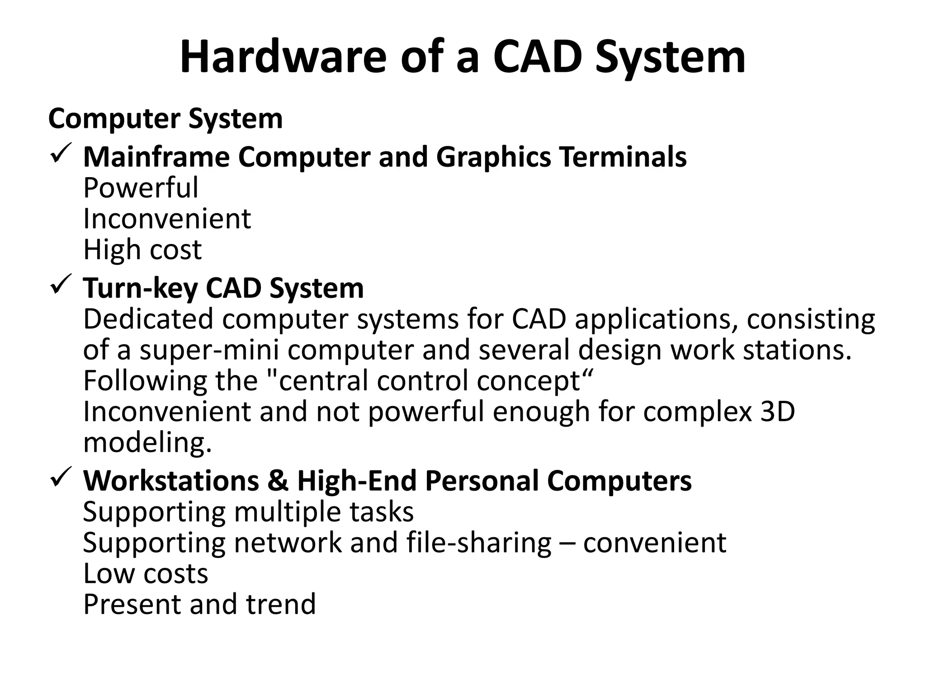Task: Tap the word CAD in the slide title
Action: tap(537, 57)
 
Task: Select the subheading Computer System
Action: tap(165, 119)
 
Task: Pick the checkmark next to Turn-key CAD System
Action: tap(60, 286)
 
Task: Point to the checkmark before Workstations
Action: tap(60, 478)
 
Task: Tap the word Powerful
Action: tap(141, 188)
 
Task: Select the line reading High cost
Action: tap(142, 249)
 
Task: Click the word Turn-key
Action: tap(140, 288)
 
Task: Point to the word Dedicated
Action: tap(148, 319)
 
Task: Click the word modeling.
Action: tap(147, 443)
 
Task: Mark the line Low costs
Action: tap(146, 573)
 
